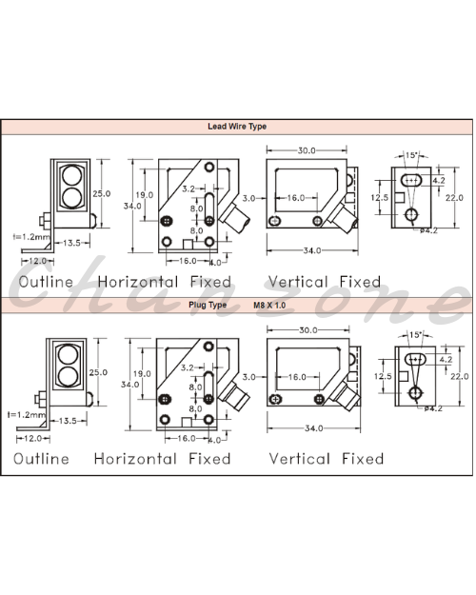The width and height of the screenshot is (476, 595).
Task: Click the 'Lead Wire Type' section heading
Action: pos(237,127)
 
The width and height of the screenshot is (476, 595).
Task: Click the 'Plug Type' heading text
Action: pos(208,305)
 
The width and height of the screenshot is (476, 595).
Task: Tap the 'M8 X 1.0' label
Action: pos(269,305)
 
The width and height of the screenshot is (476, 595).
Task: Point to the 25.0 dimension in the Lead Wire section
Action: pos(101,193)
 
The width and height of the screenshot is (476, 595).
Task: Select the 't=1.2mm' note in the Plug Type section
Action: pos(27,415)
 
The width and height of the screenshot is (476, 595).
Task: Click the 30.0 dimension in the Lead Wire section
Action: pos(307,150)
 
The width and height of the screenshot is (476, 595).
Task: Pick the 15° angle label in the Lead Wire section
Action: pos(411,155)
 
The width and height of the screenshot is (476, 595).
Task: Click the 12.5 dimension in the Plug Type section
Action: pos(383,376)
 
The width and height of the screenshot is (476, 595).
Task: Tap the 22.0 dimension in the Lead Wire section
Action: pos(454,198)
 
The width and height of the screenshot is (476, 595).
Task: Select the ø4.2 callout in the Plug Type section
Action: pos(433,408)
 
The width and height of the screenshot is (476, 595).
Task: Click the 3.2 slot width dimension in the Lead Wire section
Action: pos(188,188)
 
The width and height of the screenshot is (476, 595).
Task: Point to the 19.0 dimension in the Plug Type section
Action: pos(142,374)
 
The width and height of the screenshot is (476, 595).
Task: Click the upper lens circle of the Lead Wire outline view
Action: pos(71,176)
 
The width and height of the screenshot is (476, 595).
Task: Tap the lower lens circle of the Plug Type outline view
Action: pos(69,376)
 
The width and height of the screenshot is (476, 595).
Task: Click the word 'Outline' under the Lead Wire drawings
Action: pos(46,282)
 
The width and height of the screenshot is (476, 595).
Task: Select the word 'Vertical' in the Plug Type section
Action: pos(299,459)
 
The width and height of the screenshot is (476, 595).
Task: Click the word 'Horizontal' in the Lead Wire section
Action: pos(138,282)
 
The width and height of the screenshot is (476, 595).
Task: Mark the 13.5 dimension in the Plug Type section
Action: pos(68,421)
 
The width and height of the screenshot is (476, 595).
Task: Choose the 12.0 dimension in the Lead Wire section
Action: pos(37,261)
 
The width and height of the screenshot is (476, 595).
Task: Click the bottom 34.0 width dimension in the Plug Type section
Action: pos(314,428)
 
